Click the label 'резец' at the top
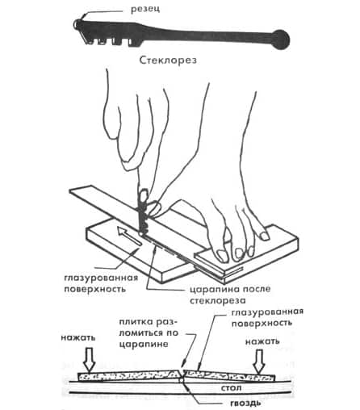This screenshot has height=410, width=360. [145, 9]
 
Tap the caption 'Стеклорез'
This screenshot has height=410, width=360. [168, 60]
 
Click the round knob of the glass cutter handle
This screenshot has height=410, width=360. [281, 40]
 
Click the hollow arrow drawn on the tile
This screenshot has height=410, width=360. [128, 236]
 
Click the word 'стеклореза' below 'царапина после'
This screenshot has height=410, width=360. [218, 300]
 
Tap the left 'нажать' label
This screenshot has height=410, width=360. [78, 337]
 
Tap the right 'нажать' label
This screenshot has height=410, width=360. [262, 341]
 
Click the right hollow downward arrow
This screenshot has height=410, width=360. [259, 362]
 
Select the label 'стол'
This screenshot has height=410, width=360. [231, 388]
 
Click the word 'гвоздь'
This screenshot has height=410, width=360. [245, 404]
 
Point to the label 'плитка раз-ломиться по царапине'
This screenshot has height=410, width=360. [149, 333]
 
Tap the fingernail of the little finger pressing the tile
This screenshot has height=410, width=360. [265, 236]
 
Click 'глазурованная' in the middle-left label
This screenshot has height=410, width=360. [101, 278]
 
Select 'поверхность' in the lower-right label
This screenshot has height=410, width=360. [262, 323]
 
